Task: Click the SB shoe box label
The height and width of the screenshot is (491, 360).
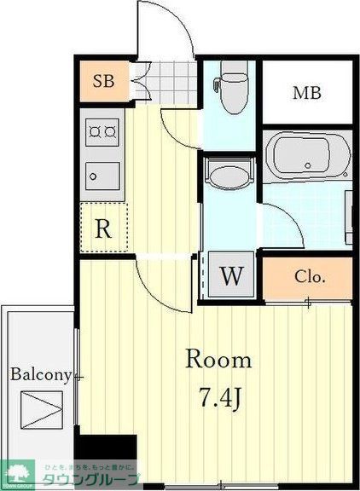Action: click(x=102, y=82)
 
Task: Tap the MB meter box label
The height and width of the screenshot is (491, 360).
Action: click(x=307, y=93)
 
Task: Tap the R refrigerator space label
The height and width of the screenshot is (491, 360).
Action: click(x=102, y=228)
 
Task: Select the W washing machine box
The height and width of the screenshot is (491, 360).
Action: click(x=229, y=275)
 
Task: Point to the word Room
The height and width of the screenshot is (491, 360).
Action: click(x=219, y=359)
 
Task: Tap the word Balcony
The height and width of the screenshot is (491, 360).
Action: click(x=39, y=374)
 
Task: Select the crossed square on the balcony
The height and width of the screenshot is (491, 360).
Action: click(x=41, y=410)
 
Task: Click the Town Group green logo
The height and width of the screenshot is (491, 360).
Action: click(x=17, y=474)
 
